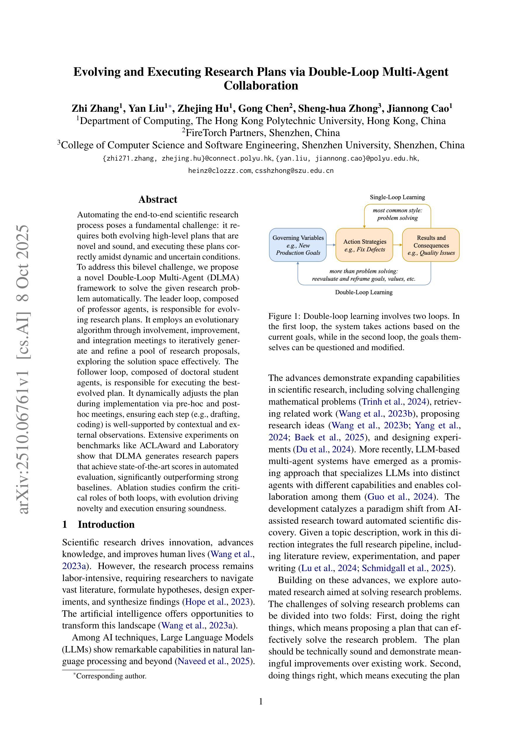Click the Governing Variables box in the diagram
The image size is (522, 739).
pos(298,245)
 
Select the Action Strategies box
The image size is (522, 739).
pos(364,245)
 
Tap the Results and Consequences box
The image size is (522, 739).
pos(431,245)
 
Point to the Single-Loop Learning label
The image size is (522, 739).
pos(397,197)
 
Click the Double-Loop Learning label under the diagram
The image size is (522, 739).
pos(364,292)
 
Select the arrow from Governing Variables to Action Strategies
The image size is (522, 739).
pos(331,245)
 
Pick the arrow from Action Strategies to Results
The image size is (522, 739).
pos(397,245)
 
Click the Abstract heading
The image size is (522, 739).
pos(158,200)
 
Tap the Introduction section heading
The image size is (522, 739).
pos(106,524)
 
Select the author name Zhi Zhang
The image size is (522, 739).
pos(96,109)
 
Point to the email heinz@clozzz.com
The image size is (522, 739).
pos(220,171)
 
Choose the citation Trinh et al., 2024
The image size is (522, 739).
pos(394,402)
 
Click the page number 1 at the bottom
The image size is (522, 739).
pos(261,701)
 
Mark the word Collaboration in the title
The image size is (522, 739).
pos(261,86)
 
